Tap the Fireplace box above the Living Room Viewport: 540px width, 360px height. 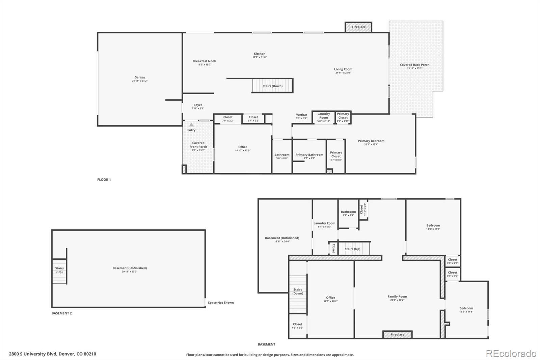tap(358, 27)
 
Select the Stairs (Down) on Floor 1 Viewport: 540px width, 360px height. tap(272, 86)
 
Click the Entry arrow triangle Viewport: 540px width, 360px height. tap(191, 125)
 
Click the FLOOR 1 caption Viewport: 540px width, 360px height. tap(104, 180)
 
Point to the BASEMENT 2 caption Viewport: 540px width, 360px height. tap(61, 313)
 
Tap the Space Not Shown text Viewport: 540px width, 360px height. tap(221, 303)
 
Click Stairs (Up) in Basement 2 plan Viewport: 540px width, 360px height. tap(59, 270)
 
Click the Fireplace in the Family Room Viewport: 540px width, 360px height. tap(397, 334)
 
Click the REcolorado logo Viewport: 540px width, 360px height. tap(511, 353)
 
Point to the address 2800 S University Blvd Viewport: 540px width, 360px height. tap(52, 354)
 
